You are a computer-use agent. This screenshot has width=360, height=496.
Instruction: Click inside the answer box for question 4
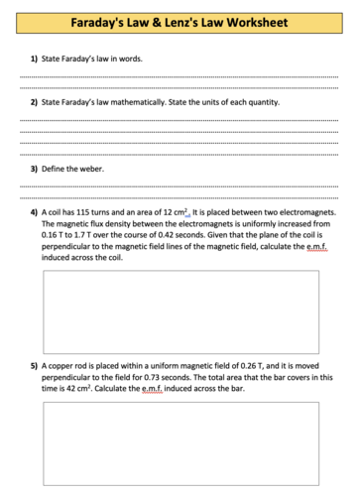click(180, 311)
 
